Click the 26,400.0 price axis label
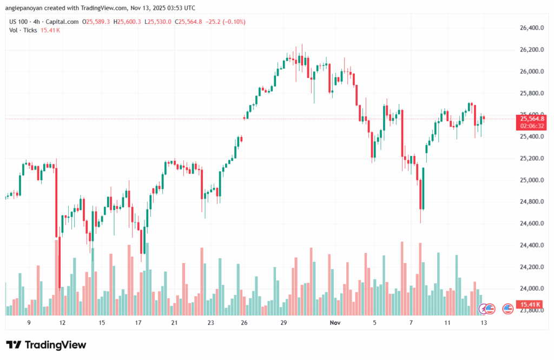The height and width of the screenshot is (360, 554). pos(531,28)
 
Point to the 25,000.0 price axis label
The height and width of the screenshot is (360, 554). pos(531,180)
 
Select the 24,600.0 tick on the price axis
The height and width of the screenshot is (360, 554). pos(531,224)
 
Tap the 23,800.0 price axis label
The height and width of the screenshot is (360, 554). pos(531,310)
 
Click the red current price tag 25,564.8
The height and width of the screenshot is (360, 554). pos(532,119)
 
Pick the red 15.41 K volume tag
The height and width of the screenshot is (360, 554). pos(531,304)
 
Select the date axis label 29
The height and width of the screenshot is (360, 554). pos(283,322)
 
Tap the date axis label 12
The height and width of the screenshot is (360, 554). pos(63,322)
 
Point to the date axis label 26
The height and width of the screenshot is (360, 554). pos(245,322)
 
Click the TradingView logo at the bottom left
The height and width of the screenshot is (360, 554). pos(46,345)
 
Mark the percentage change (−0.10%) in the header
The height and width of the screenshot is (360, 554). pos(233,22)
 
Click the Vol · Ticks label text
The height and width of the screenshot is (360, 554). pos(23,30)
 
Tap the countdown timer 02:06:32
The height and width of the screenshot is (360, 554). pos(532,126)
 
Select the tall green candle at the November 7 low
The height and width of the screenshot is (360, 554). pos(423,188)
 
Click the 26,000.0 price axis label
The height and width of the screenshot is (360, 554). pos(531,71)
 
